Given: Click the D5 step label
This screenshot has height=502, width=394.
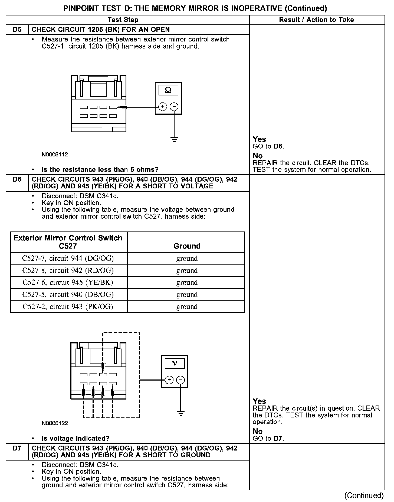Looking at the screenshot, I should [17, 30].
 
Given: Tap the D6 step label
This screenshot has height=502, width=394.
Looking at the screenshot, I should [17, 179].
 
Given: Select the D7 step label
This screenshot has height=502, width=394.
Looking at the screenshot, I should [17, 448].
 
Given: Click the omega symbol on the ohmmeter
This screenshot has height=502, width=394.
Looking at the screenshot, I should [168, 90].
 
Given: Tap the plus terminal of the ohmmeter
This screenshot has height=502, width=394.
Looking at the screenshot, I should [162, 107].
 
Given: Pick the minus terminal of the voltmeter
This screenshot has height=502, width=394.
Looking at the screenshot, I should [180, 380].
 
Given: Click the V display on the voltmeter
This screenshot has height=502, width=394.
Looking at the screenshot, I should [175, 363].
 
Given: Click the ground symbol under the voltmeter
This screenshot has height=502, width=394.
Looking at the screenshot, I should [181, 414].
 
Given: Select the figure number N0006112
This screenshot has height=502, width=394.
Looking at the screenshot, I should [55, 155].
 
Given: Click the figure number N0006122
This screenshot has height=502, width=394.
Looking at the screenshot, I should [55, 423].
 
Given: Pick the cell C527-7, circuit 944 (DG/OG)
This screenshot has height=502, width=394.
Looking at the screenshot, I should [68, 259].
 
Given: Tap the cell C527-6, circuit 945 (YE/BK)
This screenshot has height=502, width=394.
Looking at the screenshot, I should [68, 282].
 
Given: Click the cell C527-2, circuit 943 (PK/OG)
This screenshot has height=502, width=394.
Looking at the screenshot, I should [68, 307].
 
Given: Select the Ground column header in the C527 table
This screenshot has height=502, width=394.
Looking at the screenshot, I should [187, 246].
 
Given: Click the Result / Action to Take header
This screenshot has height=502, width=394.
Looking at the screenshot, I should [316, 20].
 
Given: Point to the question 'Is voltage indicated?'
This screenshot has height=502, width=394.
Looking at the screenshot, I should [75, 439].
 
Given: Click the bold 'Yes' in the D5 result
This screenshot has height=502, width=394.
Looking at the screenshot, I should [259, 139].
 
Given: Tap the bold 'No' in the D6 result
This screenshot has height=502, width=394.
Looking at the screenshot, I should [258, 431].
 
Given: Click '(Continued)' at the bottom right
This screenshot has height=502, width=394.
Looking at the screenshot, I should [364, 495].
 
